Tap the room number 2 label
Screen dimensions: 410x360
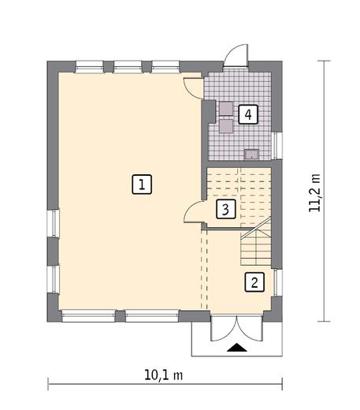point(254,281)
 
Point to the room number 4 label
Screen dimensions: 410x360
point(248,115)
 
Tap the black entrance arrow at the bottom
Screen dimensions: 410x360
point(235,347)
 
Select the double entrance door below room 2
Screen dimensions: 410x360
point(234,328)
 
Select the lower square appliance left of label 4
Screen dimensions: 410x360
point(226,125)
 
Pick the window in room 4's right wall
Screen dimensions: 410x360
point(276,144)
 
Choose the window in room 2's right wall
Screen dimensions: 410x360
point(276,281)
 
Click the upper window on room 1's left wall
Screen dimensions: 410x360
point(54,222)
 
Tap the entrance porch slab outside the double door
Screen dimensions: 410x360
point(235,339)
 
